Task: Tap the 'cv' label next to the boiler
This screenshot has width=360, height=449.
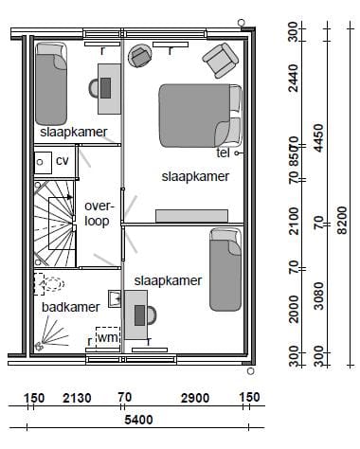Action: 63,161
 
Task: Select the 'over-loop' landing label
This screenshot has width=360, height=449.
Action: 97,213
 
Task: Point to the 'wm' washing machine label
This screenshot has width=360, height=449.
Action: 106,336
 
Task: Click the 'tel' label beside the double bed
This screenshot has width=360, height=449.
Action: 224,152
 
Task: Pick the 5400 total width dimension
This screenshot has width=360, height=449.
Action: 139,418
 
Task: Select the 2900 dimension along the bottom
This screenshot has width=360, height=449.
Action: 189,398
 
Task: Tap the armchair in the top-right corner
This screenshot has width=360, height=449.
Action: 222,61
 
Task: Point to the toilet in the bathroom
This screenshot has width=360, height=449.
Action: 48,283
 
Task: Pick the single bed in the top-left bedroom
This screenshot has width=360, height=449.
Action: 51,81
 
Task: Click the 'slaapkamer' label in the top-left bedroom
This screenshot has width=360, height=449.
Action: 73,132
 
